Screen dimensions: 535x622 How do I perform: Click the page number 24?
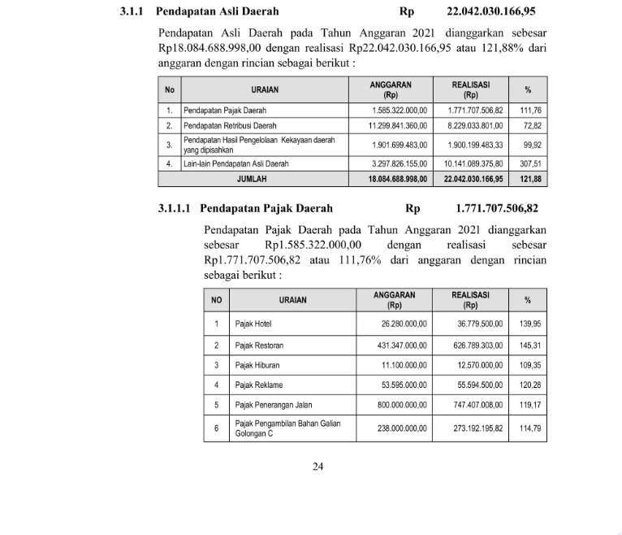(318, 466)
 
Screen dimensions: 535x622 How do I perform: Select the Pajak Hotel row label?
(253, 324)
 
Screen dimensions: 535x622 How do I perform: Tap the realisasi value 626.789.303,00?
(468, 346)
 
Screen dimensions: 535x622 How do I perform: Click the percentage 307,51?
(530, 163)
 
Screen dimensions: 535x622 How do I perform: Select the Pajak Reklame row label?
(258, 385)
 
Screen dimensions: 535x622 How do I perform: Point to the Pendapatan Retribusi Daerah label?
(230, 126)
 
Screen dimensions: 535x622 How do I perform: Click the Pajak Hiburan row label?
(257, 365)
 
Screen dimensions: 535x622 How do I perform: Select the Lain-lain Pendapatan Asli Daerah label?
(236, 163)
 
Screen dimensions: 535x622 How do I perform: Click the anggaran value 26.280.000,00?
(404, 324)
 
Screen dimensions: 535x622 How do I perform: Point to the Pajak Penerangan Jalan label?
(273, 405)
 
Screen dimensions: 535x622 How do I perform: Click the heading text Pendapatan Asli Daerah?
(217, 12)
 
